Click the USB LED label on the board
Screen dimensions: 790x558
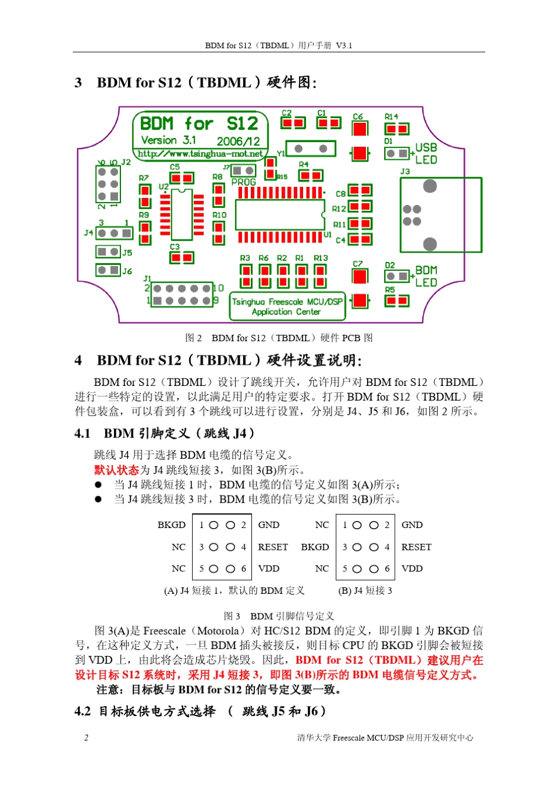click(426, 154)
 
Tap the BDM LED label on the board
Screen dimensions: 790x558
click(426, 276)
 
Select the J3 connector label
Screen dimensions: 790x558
click(405, 172)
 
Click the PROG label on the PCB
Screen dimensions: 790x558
click(243, 183)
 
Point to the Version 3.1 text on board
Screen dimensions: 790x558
click(169, 140)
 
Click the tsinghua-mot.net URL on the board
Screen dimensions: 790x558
click(200, 154)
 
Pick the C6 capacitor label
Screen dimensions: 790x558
click(358, 116)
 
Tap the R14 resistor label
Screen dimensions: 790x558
click(391, 116)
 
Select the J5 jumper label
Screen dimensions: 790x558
click(127, 253)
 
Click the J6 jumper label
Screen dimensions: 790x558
click(127, 271)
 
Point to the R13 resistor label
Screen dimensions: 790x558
click(321, 258)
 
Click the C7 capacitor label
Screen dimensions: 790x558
click(358, 264)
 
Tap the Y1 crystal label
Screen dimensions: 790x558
click(281, 153)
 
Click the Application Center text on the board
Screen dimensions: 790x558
click(286, 312)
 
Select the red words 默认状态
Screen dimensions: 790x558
click(116, 470)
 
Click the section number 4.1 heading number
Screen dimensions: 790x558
click(83, 433)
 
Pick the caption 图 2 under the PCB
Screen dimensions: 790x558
click(193, 338)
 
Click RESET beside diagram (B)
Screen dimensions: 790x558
click(416, 547)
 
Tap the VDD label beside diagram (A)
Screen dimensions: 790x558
click(268, 569)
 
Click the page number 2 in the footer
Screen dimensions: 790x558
click(86, 738)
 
